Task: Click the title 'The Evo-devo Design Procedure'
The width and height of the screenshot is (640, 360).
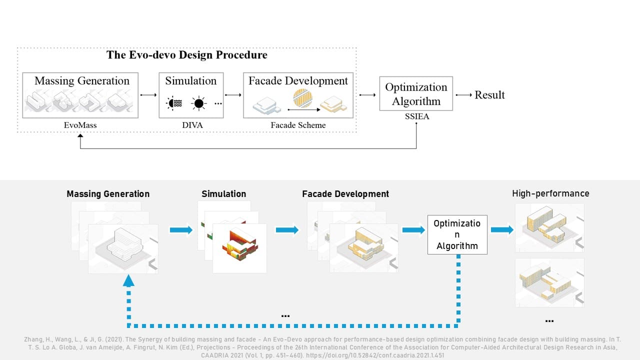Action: pyautogui.click(x=187, y=55)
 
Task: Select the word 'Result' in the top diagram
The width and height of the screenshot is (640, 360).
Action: pyautogui.click(x=489, y=95)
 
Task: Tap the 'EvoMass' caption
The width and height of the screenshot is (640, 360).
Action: pyautogui.click(x=80, y=125)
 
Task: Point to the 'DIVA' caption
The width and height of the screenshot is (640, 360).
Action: pyautogui.click(x=192, y=125)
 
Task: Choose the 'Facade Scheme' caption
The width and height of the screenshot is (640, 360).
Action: pyautogui.click(x=298, y=125)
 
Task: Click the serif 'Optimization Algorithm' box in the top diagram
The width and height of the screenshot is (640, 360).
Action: pyautogui.click(x=416, y=93)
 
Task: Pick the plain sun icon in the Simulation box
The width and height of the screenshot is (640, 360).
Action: pyautogui.click(x=199, y=103)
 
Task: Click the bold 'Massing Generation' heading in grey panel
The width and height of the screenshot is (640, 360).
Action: pyautogui.click(x=108, y=194)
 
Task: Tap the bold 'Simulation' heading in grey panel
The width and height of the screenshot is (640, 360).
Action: pyautogui.click(x=223, y=194)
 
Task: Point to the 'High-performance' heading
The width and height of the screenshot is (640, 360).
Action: pyautogui.click(x=550, y=193)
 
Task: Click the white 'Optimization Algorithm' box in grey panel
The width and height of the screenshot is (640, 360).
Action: pyautogui.click(x=457, y=234)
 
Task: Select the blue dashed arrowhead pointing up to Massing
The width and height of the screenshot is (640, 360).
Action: pyautogui.click(x=128, y=281)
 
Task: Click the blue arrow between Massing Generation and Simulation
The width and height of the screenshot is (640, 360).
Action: pyautogui.click(x=181, y=230)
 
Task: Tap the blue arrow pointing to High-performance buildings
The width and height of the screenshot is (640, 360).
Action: pyautogui.click(x=501, y=230)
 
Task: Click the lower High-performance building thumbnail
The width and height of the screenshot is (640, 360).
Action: pyautogui.click(x=549, y=282)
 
